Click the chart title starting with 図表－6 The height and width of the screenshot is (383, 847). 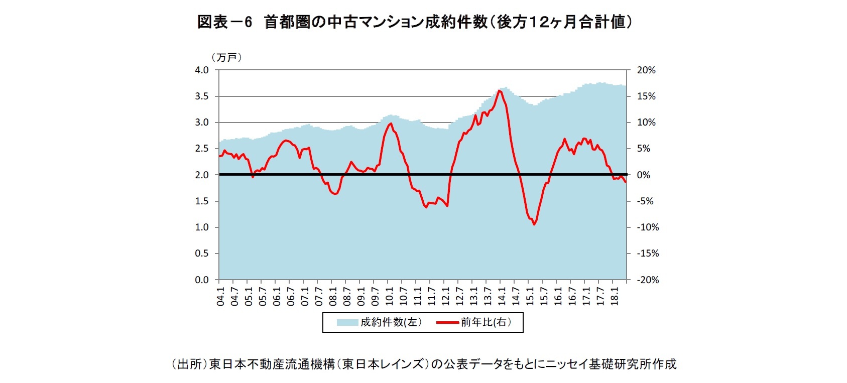pyautogui.click(x=414, y=22)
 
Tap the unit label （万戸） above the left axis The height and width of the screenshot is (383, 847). pyautogui.click(x=227, y=58)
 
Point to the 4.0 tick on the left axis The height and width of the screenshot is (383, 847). pyautogui.click(x=202, y=70)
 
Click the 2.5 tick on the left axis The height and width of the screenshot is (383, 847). pyautogui.click(x=202, y=149)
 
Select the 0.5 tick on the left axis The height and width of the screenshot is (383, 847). pyautogui.click(x=202, y=253)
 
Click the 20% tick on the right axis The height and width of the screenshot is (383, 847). pyautogui.click(x=646, y=70)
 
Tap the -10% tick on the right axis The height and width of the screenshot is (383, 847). pyautogui.click(x=648, y=227)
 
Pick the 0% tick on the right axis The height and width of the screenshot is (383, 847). pyautogui.click(x=644, y=175)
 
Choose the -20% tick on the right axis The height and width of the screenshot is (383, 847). pyautogui.click(x=648, y=280)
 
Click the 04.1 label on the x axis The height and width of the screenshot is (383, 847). pyautogui.click(x=220, y=297)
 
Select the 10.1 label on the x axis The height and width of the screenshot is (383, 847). pyautogui.click(x=389, y=297)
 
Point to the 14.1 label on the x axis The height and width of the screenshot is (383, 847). pyautogui.click(x=502, y=297)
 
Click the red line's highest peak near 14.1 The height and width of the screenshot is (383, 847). pyautogui.click(x=500, y=90)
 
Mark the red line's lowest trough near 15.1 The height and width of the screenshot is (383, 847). pyautogui.click(x=534, y=224)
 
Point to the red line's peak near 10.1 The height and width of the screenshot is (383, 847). pyautogui.click(x=391, y=123)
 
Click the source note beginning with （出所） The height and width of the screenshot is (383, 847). pyautogui.click(x=424, y=364)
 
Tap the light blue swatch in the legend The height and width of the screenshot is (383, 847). pyautogui.click(x=348, y=322)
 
